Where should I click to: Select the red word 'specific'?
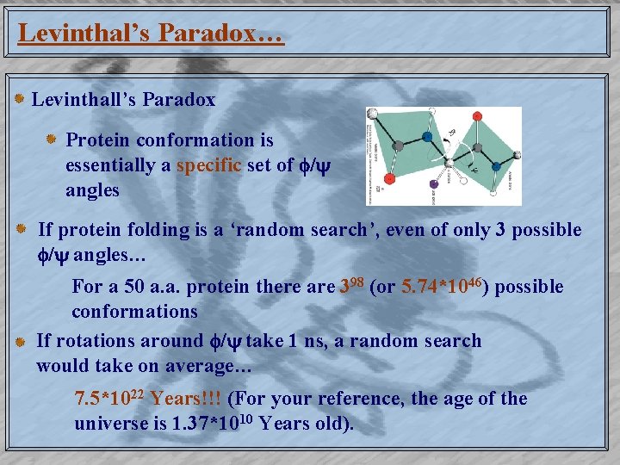(209, 165)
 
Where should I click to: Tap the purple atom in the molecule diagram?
(434, 183)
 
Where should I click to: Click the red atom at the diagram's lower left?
(389, 179)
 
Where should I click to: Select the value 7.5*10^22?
(110, 399)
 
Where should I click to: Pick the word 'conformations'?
(134, 311)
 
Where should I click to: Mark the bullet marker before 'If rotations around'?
(20, 342)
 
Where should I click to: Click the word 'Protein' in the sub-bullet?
(97, 140)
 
